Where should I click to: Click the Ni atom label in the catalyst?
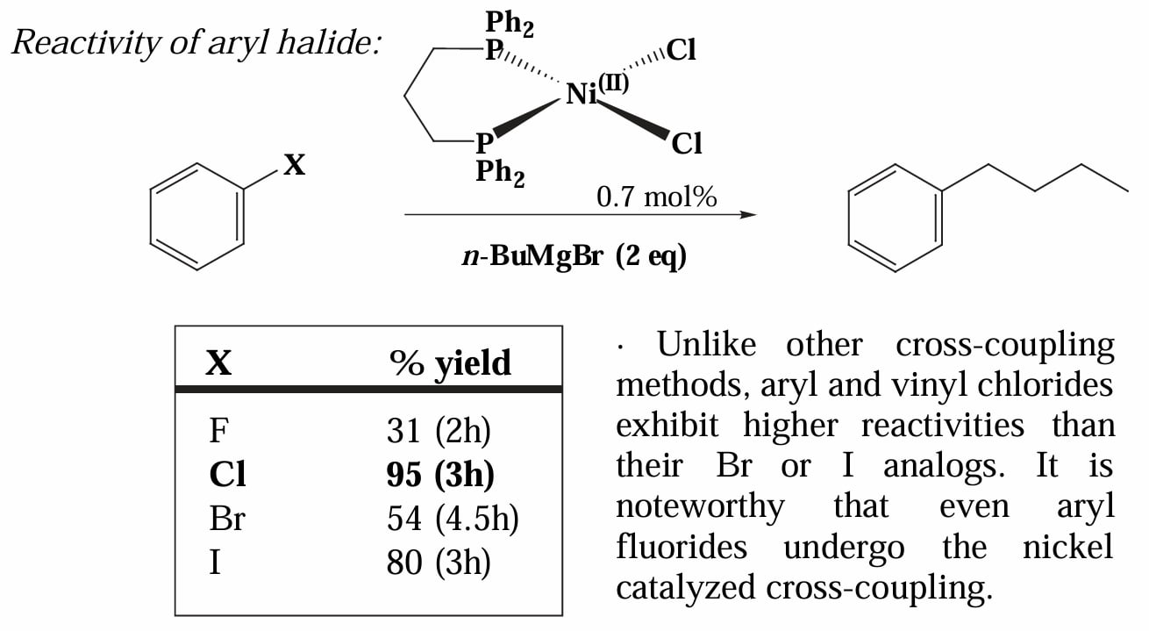(x=582, y=95)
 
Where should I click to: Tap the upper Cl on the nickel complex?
(x=682, y=51)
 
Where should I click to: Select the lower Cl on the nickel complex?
(x=687, y=144)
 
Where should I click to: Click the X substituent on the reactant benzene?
(x=295, y=165)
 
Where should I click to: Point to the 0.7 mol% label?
(x=657, y=197)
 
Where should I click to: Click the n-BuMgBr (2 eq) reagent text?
(x=574, y=255)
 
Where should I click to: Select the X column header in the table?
(x=218, y=363)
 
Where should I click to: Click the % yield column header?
(x=450, y=363)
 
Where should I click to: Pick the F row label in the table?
(x=218, y=430)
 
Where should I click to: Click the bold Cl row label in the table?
(x=228, y=474)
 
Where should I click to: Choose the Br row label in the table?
(x=227, y=518)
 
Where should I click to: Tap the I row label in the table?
(x=216, y=563)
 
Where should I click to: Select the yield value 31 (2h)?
(x=439, y=430)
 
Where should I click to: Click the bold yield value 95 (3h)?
(x=440, y=475)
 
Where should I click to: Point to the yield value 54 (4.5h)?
(x=453, y=519)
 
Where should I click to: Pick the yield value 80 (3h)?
(x=439, y=563)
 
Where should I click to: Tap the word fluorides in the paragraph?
(x=682, y=546)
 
